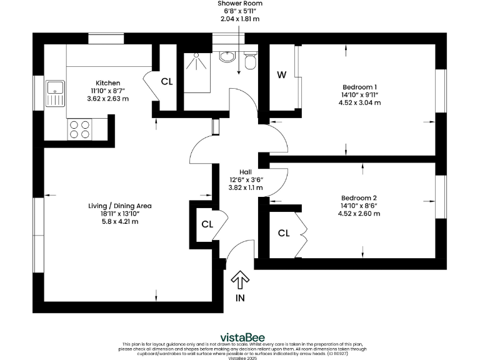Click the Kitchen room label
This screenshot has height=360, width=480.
(x=107, y=83)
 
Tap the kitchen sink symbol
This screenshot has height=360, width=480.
(x=56, y=94)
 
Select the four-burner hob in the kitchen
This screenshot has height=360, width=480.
(x=79, y=129)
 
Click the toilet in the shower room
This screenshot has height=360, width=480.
(x=250, y=61)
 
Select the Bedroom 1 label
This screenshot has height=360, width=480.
(x=359, y=87)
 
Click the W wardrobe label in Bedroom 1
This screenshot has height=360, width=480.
(x=282, y=76)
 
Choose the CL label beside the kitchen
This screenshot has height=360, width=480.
(x=167, y=81)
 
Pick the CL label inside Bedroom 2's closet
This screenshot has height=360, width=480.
(x=284, y=233)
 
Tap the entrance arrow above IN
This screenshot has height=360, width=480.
(x=241, y=279)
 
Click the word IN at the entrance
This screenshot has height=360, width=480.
(x=240, y=299)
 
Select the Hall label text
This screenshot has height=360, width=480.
(x=246, y=171)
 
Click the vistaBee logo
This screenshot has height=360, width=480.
(x=239, y=335)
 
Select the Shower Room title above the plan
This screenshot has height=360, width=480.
(x=240, y=3)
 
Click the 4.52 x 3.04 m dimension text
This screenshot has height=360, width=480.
(x=359, y=103)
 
